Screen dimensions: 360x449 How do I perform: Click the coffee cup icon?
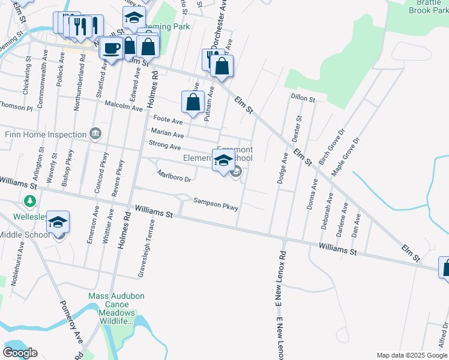[x=111, y=47]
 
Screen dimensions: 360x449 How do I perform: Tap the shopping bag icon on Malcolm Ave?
[x=193, y=103]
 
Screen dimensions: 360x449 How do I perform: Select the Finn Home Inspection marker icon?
[x=95, y=134]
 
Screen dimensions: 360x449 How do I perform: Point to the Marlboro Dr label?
[x=174, y=176]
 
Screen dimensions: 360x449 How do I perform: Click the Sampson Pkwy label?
[x=216, y=205]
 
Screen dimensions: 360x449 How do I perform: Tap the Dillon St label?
[x=303, y=97]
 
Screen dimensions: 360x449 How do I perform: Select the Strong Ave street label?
[x=164, y=146]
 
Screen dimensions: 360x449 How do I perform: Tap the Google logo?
[x=20, y=353]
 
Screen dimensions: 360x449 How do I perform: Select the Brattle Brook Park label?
[x=429, y=7]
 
